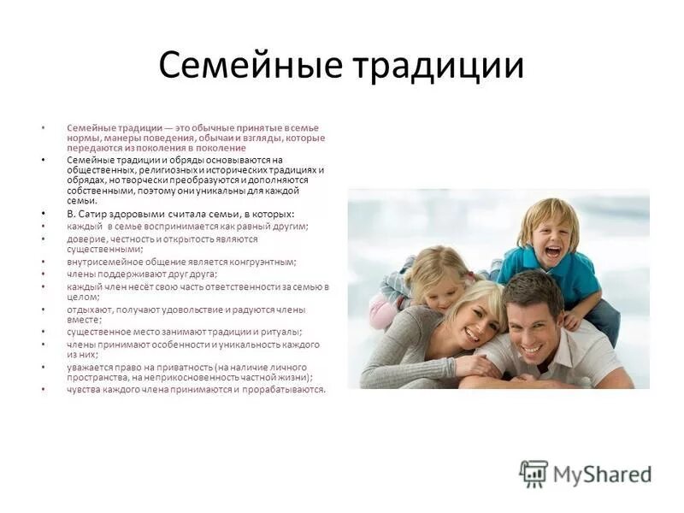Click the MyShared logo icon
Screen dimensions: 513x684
(534, 474)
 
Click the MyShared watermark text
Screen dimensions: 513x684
(602, 475)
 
